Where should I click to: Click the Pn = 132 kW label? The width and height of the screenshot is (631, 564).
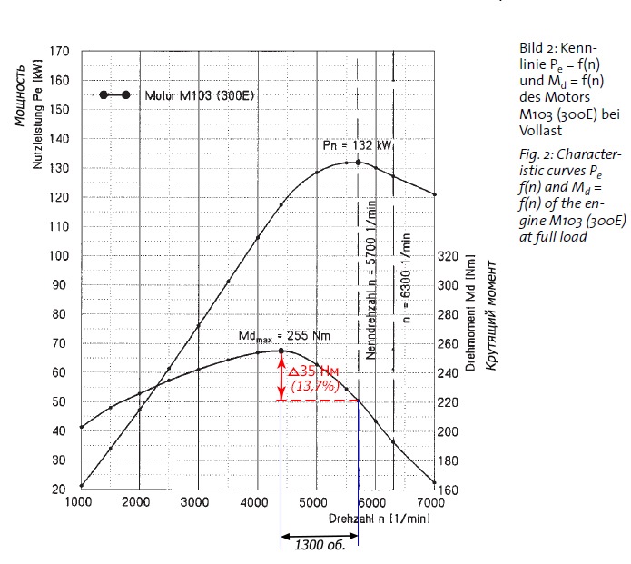pyautogui.click(x=358, y=145)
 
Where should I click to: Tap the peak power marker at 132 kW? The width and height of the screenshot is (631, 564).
pyautogui.click(x=358, y=163)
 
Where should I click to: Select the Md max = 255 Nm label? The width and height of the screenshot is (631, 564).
pyautogui.click(x=284, y=336)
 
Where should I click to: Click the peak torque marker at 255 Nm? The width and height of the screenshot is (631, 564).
pyautogui.click(x=281, y=351)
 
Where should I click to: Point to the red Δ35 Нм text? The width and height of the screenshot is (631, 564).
pyautogui.click(x=313, y=371)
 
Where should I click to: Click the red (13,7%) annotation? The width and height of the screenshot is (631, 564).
pyautogui.click(x=315, y=386)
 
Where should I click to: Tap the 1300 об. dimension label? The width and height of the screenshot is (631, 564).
pyautogui.click(x=320, y=545)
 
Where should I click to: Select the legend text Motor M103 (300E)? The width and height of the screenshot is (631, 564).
pyautogui.click(x=200, y=95)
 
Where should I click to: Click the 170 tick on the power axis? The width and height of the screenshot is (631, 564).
pyautogui.click(x=60, y=52)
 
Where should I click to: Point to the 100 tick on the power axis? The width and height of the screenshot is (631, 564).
pyautogui.click(x=60, y=255)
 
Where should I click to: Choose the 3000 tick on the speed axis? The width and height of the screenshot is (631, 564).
pyautogui.click(x=195, y=502)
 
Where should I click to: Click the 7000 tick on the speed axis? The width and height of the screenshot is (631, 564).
pyautogui.click(x=430, y=502)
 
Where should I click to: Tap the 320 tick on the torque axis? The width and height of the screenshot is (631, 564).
pyautogui.click(x=448, y=256)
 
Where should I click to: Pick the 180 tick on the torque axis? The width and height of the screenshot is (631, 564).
pyautogui.click(x=448, y=461)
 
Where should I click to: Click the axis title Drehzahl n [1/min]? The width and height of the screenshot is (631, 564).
pyautogui.click(x=380, y=519)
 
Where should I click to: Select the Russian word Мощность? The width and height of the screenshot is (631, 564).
pyautogui.click(x=20, y=95)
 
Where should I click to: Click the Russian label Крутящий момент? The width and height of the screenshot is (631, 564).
pyautogui.click(x=491, y=316)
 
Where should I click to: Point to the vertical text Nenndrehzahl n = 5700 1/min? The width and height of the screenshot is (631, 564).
pyautogui.click(x=370, y=281)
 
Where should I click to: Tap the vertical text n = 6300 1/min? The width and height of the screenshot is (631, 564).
pyautogui.click(x=406, y=278)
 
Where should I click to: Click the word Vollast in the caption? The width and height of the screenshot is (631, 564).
pyautogui.click(x=540, y=131)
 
